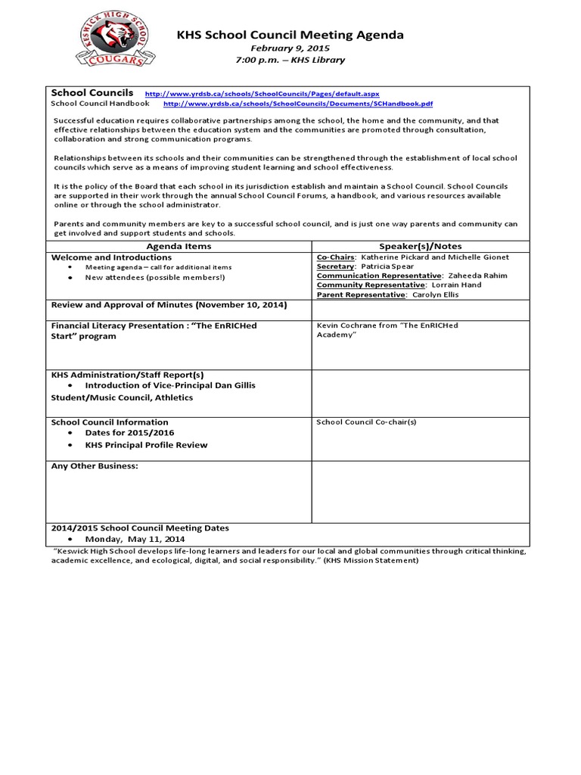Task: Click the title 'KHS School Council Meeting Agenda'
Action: point(290,35)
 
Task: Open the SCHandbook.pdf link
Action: point(298,104)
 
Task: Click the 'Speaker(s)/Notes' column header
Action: point(421,246)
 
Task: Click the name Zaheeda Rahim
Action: point(482,276)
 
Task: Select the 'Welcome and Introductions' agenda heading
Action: point(110,257)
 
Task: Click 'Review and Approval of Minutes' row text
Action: point(168,305)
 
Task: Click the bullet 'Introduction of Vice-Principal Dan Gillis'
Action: point(170,385)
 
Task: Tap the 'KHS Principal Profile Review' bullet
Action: point(146,445)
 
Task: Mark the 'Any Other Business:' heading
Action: point(95,466)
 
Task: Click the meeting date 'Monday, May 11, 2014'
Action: point(135,538)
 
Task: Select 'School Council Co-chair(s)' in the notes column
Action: point(366,422)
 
